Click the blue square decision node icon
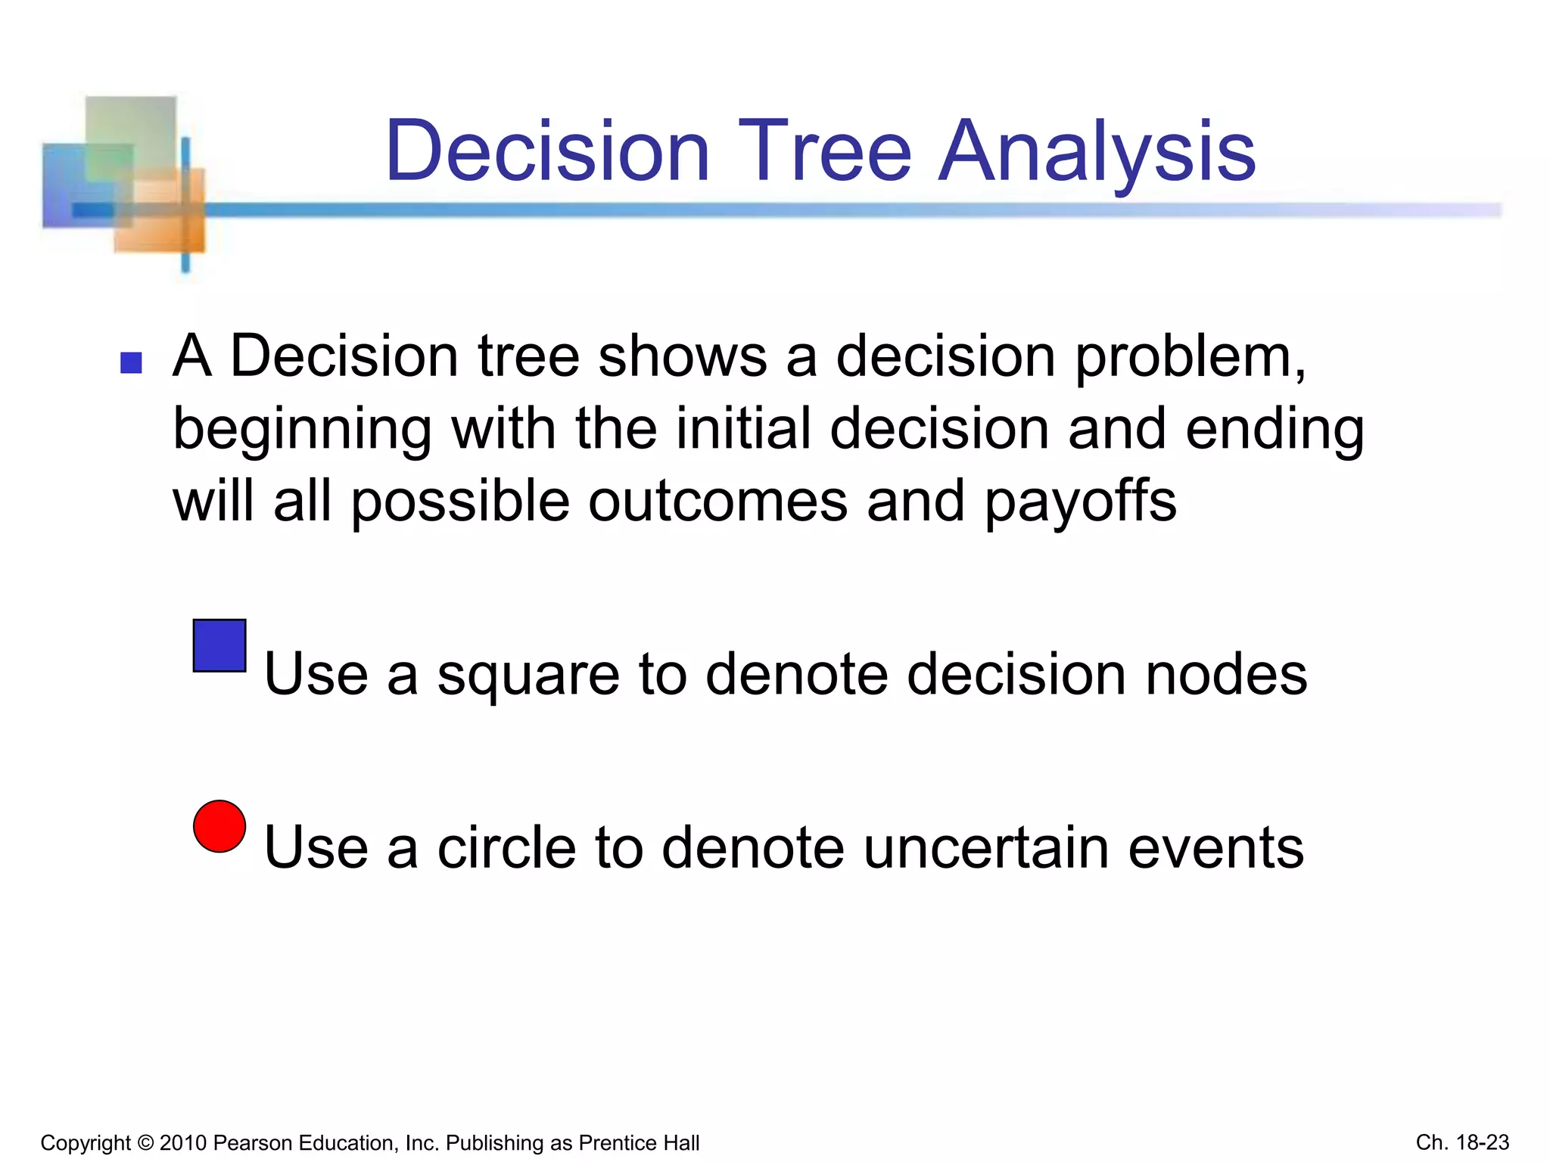[219, 645]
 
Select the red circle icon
[219, 826]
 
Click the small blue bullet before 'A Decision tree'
[132, 363]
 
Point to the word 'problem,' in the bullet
[1191, 357]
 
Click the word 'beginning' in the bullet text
[302, 430]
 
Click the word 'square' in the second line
[528, 675]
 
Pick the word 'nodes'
[1226, 673]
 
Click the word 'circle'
[506, 847]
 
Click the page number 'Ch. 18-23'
[1462, 1142]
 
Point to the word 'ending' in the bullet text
[1275, 430]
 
